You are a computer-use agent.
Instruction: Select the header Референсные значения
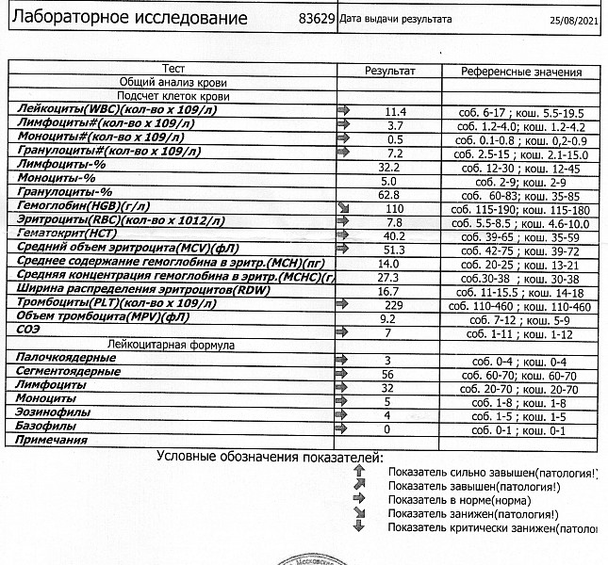521,72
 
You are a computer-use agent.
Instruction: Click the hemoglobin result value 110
394,207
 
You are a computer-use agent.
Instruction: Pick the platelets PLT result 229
394,305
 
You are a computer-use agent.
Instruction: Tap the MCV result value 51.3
394,250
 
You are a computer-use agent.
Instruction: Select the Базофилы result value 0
387,428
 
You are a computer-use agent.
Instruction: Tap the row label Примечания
46,442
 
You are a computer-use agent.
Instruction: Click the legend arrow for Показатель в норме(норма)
358,499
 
